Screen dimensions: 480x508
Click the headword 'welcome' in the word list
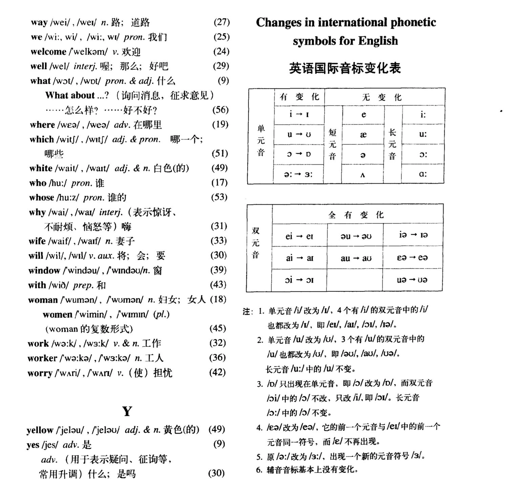(x=48, y=52)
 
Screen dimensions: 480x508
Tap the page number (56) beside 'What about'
(x=220, y=110)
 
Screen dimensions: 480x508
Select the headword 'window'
(x=44, y=270)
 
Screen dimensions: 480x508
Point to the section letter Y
(x=127, y=411)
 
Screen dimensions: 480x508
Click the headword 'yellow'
(x=40, y=430)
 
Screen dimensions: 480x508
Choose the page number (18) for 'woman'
(x=218, y=299)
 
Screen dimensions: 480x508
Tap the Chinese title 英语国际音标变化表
(x=345, y=68)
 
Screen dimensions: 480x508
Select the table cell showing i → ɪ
(x=299, y=114)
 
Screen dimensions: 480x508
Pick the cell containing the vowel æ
(x=363, y=135)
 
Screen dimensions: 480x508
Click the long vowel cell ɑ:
(x=423, y=174)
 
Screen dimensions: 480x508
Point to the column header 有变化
(x=299, y=97)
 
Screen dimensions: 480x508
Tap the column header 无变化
(x=382, y=97)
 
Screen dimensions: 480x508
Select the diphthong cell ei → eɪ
(x=299, y=236)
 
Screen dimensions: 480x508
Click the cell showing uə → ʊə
(x=412, y=280)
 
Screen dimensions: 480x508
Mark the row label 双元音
(x=256, y=243)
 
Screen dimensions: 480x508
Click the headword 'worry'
(x=40, y=373)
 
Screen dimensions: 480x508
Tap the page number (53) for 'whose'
(x=219, y=197)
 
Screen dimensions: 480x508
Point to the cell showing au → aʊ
(x=356, y=258)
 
